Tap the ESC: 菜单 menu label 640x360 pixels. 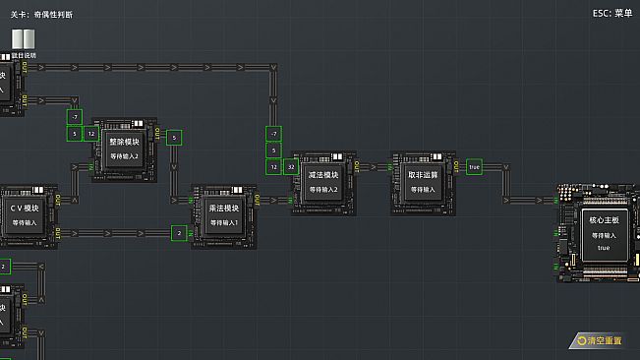click(x=611, y=14)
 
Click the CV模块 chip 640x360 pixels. click(x=25, y=215)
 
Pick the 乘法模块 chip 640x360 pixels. click(x=223, y=215)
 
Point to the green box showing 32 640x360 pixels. click(x=291, y=167)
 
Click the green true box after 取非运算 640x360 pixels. click(x=474, y=167)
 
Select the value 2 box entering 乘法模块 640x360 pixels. click(x=178, y=233)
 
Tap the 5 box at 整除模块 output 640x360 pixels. click(x=174, y=138)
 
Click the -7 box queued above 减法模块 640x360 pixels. click(x=273, y=133)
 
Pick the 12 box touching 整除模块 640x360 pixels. click(x=90, y=133)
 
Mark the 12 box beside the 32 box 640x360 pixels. click(x=273, y=167)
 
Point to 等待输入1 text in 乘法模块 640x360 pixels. click(x=223, y=223)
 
